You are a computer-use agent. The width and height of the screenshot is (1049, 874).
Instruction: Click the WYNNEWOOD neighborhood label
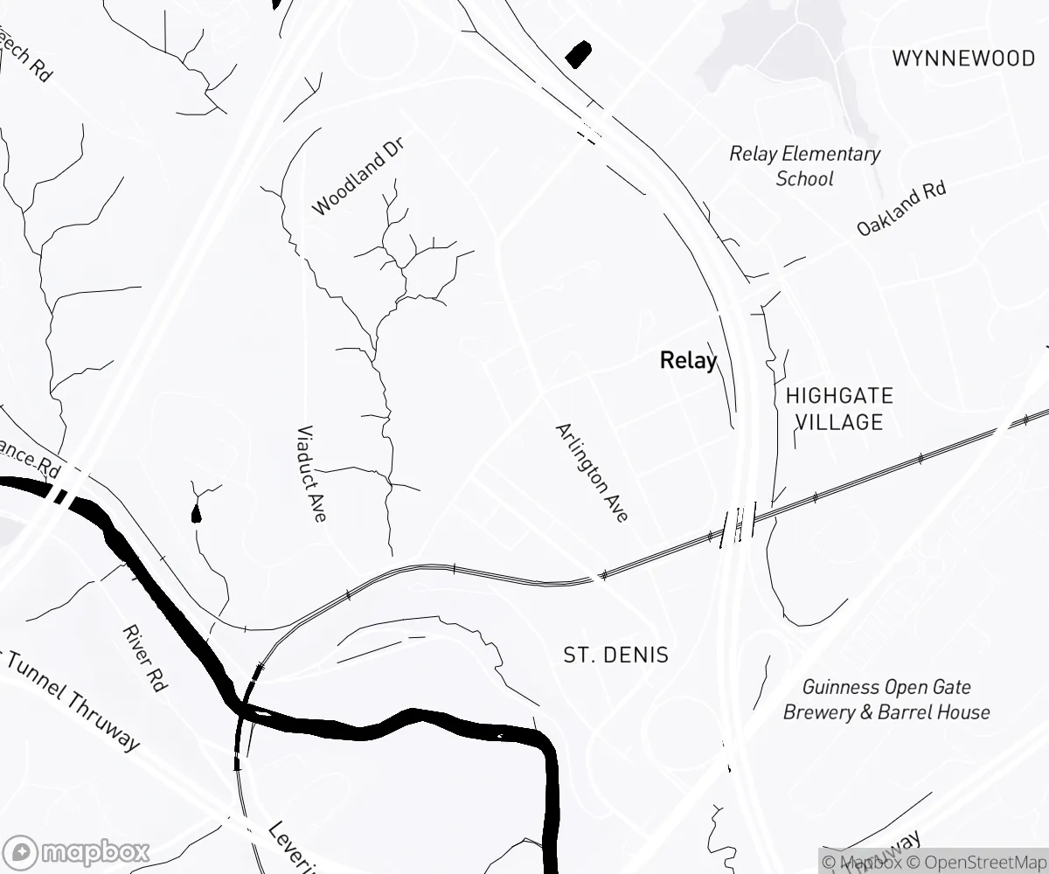[x=963, y=59]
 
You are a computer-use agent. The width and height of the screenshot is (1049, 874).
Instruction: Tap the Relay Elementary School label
[x=805, y=166]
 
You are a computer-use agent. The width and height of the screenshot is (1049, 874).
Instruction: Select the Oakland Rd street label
[x=901, y=208]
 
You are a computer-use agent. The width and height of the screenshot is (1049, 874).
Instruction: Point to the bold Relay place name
[x=688, y=360]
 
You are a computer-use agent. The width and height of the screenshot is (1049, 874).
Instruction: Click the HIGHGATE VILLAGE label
[x=839, y=408]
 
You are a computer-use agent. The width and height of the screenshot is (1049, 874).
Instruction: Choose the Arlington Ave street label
[x=592, y=473]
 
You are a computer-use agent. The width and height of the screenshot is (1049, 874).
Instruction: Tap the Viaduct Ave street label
[x=311, y=474]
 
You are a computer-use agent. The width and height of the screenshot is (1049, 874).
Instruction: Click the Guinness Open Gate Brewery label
[x=886, y=699]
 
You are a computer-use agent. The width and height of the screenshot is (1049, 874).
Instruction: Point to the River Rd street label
[x=144, y=658]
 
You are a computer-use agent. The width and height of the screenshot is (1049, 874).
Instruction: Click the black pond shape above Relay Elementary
[x=578, y=54]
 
